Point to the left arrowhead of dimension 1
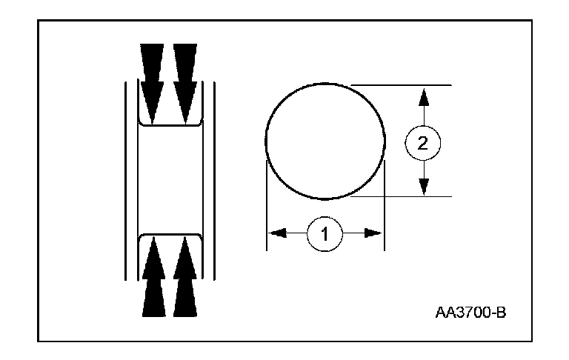276,233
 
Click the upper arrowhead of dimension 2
423,95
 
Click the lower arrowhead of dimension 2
423,187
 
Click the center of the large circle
325,141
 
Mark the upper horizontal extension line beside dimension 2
404,85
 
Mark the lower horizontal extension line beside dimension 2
404,197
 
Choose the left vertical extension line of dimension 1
267,207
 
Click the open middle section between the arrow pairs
169,179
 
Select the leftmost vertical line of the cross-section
124,179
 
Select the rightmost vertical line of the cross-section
214,179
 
